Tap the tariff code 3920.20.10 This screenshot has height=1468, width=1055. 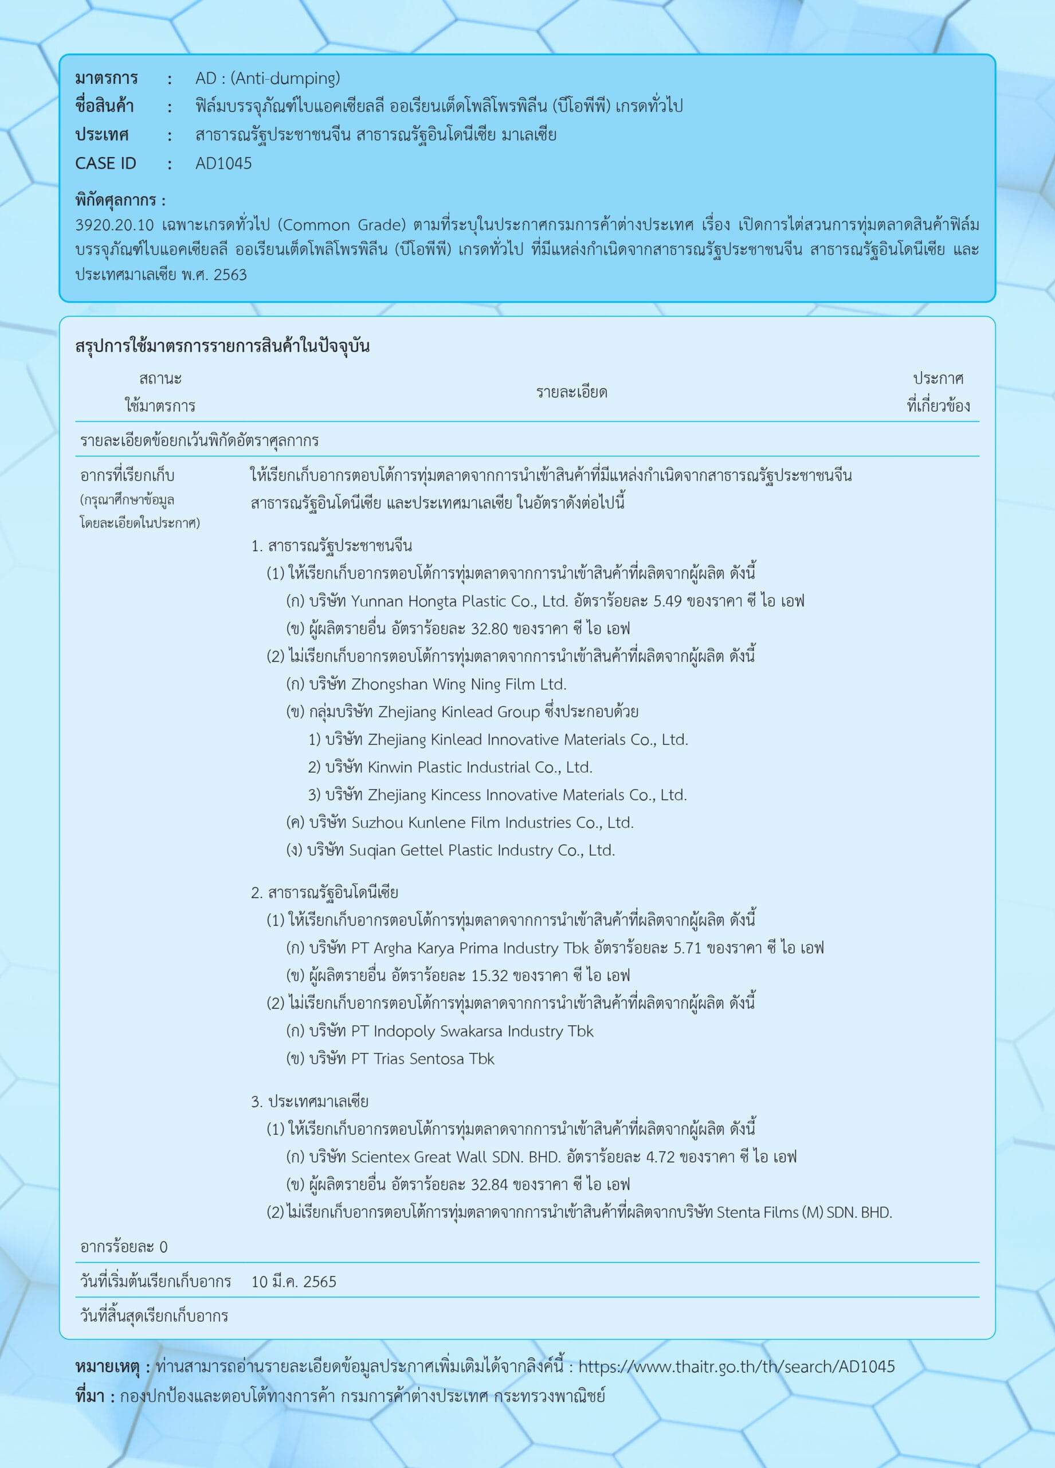pyautogui.click(x=115, y=225)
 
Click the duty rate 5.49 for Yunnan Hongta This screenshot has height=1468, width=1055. pyautogui.click(x=668, y=602)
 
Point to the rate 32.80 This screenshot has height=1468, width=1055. pyautogui.click(x=489, y=628)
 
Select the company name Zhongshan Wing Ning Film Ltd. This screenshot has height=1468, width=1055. pyautogui.click(x=458, y=684)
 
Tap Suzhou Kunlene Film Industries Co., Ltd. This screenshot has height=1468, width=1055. pyautogui.click(x=492, y=823)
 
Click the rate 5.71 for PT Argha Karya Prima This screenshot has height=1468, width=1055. pyautogui.click(x=687, y=948)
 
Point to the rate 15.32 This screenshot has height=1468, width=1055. pyautogui.click(x=489, y=975)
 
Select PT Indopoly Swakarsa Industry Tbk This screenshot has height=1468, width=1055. pyautogui.click(x=472, y=1031)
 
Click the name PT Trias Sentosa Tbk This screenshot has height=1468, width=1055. pyautogui.click(x=422, y=1059)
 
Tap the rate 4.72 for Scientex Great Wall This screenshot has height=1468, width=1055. pyautogui.click(x=660, y=1157)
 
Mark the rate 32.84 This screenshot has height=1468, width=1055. pyautogui.click(x=489, y=1185)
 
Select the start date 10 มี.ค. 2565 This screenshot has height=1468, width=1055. pyautogui.click(x=293, y=1282)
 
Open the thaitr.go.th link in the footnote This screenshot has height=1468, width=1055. pyautogui.click(x=736, y=1367)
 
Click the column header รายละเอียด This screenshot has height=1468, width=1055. pyautogui.click(x=571, y=392)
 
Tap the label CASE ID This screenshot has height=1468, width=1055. pyautogui.click(x=105, y=164)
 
